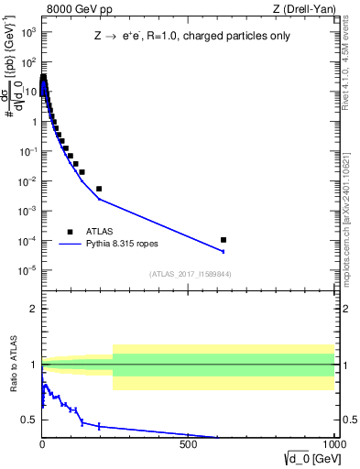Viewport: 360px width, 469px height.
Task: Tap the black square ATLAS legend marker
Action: pyautogui.click(x=69, y=232)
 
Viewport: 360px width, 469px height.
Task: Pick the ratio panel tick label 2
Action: pyautogui.click(x=32, y=309)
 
